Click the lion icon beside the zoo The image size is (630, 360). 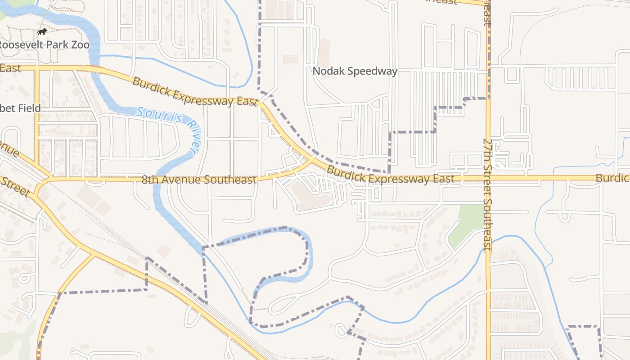click(x=42, y=31)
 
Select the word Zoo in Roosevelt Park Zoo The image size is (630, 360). click(x=81, y=45)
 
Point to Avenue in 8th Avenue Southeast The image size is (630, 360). click(x=179, y=180)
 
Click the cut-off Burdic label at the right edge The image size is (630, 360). click(x=612, y=178)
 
